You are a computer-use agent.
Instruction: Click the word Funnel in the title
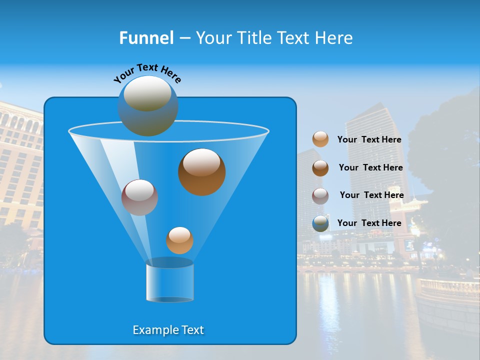146,38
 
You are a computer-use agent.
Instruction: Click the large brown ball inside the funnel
201,172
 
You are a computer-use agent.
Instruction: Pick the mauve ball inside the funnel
139,197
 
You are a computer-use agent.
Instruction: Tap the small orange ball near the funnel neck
179,240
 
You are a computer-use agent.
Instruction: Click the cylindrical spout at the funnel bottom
169,281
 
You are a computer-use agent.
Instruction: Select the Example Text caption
168,330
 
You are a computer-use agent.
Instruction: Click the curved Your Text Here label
147,72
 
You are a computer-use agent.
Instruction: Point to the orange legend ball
320,139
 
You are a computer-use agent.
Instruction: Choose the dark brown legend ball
320,168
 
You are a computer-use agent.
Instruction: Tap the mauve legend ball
320,195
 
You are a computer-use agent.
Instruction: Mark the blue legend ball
320,223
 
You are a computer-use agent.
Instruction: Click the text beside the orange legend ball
369,139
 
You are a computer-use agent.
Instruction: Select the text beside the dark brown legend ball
370,167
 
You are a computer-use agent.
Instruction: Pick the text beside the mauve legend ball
371,195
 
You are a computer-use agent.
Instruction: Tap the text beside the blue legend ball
369,223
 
